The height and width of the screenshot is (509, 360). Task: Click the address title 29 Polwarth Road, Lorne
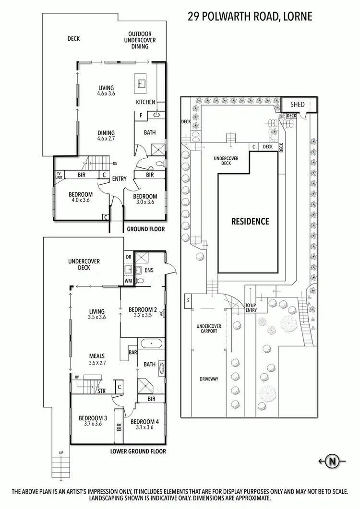(x=250, y=17)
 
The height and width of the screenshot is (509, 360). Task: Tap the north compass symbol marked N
(x=332, y=462)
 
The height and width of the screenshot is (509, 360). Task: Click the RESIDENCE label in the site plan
(x=250, y=222)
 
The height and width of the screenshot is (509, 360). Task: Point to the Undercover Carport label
(x=207, y=329)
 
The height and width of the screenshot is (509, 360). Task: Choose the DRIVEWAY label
(x=208, y=379)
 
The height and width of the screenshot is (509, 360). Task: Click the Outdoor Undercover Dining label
(x=140, y=40)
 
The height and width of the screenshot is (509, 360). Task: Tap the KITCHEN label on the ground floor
(x=145, y=102)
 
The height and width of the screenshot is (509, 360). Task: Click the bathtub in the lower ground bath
(x=152, y=344)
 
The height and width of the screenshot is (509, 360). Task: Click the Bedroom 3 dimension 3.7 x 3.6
(x=93, y=425)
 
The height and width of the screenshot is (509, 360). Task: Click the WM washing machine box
(x=128, y=280)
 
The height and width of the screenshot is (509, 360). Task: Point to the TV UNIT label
(x=60, y=175)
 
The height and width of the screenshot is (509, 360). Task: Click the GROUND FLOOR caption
(x=145, y=229)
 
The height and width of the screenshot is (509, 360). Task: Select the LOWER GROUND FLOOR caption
(x=138, y=451)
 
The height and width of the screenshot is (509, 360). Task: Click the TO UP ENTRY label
(x=251, y=308)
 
